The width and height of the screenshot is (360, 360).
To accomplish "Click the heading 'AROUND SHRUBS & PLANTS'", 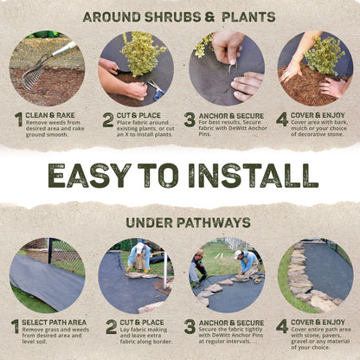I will coord(180,16).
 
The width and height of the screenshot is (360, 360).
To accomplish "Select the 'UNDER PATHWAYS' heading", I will coord(180,222).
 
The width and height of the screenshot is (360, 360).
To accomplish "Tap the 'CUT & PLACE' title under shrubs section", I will coord(142,115).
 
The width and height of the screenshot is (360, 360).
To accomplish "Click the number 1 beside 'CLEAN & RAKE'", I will coord(17,120).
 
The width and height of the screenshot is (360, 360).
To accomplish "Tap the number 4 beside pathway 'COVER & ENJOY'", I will coord(282,327).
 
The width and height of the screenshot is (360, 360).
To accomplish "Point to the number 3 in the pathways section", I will coord(190,327).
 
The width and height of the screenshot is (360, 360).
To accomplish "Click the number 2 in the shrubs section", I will coord(107,120).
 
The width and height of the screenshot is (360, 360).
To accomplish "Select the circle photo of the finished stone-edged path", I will coord(316,276).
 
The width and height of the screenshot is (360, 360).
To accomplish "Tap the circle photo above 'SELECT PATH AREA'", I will coord(47,276).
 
